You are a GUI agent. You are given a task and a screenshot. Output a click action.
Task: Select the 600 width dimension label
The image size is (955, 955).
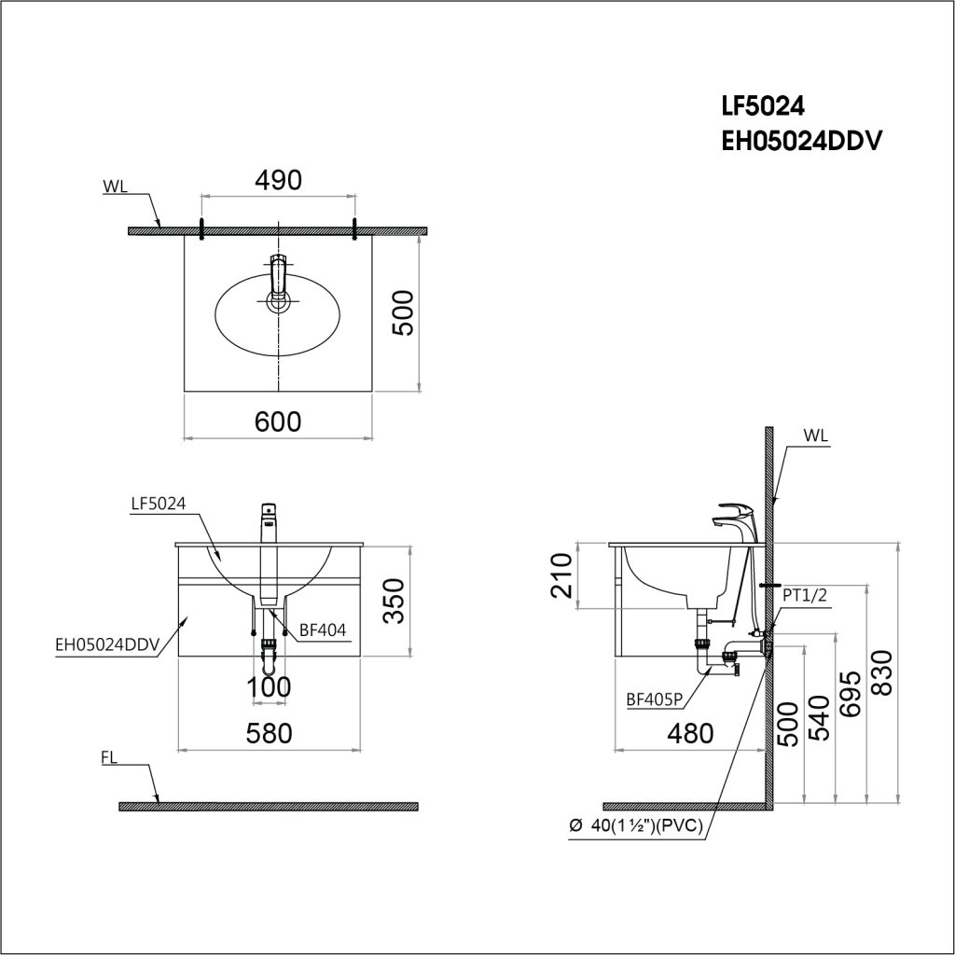click(x=279, y=422)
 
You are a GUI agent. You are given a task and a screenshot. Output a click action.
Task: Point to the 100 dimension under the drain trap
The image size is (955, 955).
click(x=269, y=687)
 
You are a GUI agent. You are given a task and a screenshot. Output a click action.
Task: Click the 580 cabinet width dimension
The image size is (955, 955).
click(x=269, y=733)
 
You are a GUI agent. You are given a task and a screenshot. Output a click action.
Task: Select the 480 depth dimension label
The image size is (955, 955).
click(x=690, y=734)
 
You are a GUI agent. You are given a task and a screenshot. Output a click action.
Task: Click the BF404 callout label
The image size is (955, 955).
click(x=323, y=630)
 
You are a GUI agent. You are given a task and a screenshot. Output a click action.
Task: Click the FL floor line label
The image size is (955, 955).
click(x=108, y=759)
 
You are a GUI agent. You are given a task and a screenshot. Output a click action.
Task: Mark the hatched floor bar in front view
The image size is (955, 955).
click(x=269, y=806)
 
